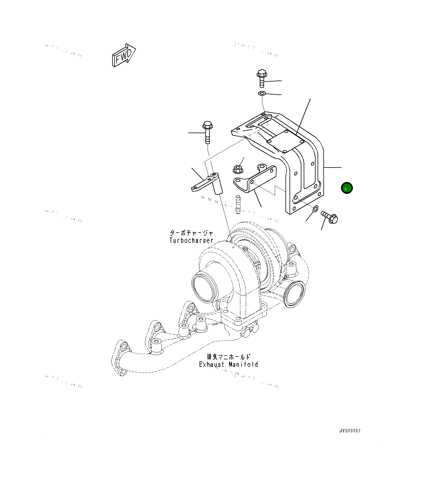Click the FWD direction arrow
[x=124, y=55]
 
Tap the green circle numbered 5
[x=346, y=188]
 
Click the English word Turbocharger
[x=191, y=240]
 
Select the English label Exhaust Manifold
[x=228, y=365]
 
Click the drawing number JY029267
[x=350, y=431]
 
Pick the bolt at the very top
[x=261, y=78]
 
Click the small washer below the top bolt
[x=262, y=93]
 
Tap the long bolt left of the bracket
[x=207, y=132]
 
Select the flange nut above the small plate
[x=237, y=169]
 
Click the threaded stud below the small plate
[x=238, y=204]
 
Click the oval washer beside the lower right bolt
[x=316, y=208]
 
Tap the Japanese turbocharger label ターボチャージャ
[x=191, y=233]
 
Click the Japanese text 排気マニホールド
[x=228, y=357]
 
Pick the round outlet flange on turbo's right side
[x=294, y=294]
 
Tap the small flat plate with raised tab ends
[x=255, y=179]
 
